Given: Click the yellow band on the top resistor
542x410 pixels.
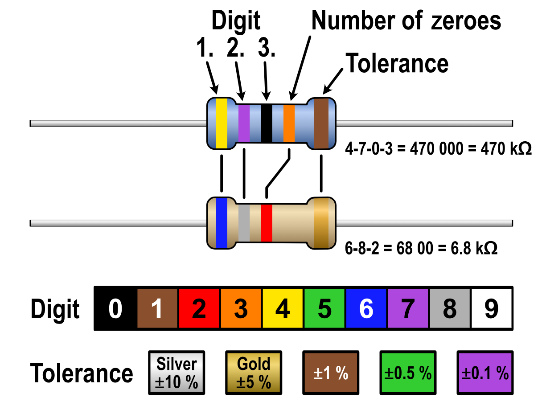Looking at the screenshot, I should [x=222, y=123].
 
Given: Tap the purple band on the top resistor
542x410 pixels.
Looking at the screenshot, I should [x=244, y=123].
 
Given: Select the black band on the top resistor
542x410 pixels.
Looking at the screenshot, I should [x=266, y=123].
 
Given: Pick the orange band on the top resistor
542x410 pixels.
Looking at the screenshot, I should [x=289, y=123].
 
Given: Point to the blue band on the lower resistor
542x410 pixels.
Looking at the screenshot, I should [x=222, y=222].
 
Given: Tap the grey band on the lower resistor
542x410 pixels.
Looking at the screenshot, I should [x=244, y=222].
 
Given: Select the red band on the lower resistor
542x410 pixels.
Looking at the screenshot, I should [x=267, y=222].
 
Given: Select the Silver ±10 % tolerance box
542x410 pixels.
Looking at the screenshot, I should [x=177, y=372].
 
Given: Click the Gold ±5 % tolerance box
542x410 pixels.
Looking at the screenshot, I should [x=254, y=372].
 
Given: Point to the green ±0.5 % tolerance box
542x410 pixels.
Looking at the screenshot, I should [x=408, y=372].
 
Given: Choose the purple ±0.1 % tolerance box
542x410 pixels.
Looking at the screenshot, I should [x=485, y=372].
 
